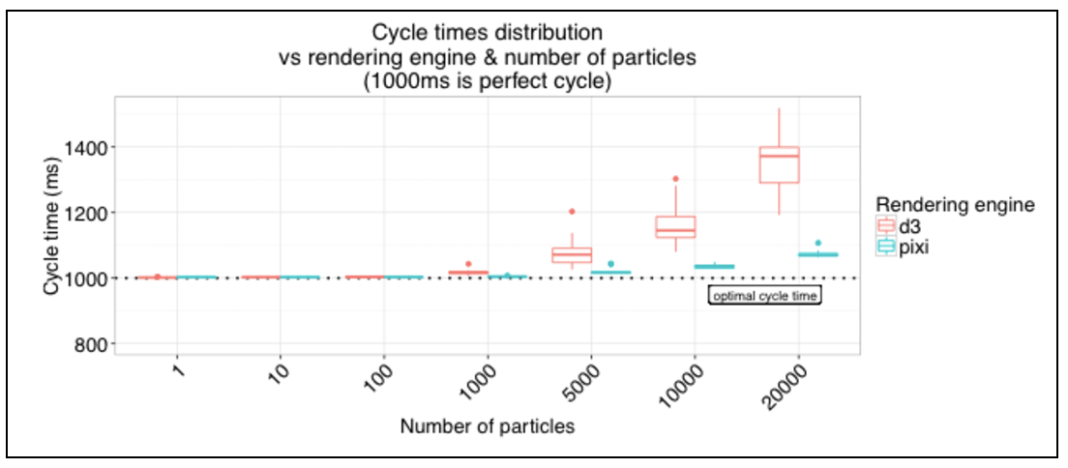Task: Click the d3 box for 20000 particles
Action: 779,163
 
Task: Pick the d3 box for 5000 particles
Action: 572,254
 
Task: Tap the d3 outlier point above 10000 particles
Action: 675,179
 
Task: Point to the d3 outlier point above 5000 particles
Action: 572,211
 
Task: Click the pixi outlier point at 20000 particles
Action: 818,243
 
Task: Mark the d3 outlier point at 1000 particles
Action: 468,264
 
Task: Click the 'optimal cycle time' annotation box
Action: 765,296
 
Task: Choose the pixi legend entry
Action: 900,248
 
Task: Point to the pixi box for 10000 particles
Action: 715,266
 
